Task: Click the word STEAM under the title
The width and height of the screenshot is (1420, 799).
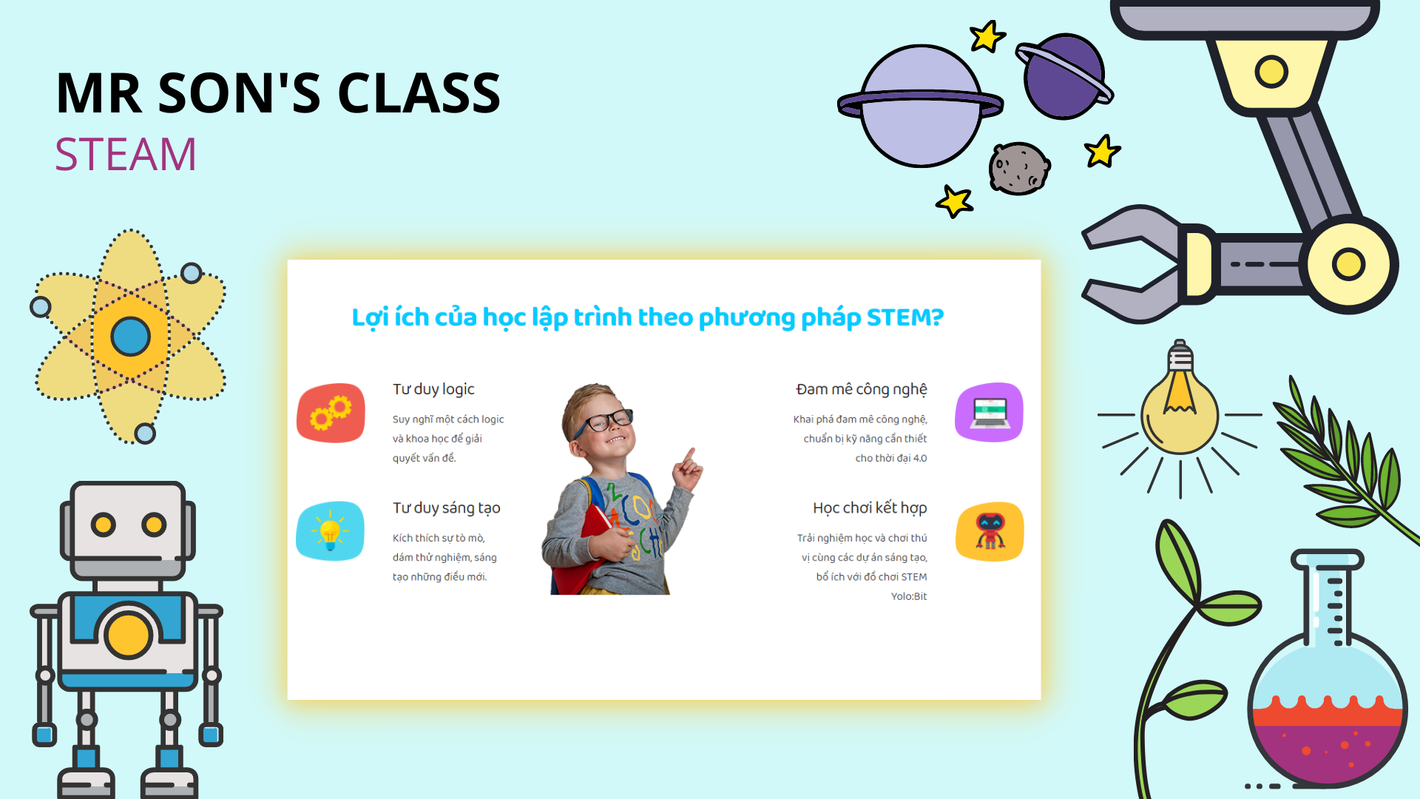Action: (x=126, y=154)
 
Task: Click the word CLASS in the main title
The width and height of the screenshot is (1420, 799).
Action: (x=419, y=93)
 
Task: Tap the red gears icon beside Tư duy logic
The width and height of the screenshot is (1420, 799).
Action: (x=331, y=413)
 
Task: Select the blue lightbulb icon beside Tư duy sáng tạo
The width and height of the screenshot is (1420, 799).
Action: (x=330, y=531)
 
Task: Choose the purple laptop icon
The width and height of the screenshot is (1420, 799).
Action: (x=990, y=412)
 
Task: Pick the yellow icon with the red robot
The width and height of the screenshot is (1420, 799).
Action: (x=990, y=531)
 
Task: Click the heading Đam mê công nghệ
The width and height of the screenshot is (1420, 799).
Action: (x=862, y=390)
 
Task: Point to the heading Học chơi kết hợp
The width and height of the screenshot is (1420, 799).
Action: (x=870, y=508)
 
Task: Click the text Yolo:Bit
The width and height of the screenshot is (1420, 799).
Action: (x=909, y=596)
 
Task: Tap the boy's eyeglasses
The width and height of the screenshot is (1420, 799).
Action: (x=603, y=422)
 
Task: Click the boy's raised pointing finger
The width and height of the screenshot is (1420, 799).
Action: (x=691, y=454)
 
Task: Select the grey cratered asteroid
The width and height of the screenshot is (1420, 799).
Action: (x=1019, y=169)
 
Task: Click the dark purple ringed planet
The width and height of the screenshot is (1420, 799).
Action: (x=1064, y=76)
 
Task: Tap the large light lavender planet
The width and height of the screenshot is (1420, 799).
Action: (x=921, y=106)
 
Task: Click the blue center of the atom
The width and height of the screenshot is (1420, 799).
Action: (x=131, y=337)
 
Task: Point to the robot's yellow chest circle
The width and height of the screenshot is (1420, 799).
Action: (x=128, y=635)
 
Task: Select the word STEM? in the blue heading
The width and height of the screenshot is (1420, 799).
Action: (x=905, y=317)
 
